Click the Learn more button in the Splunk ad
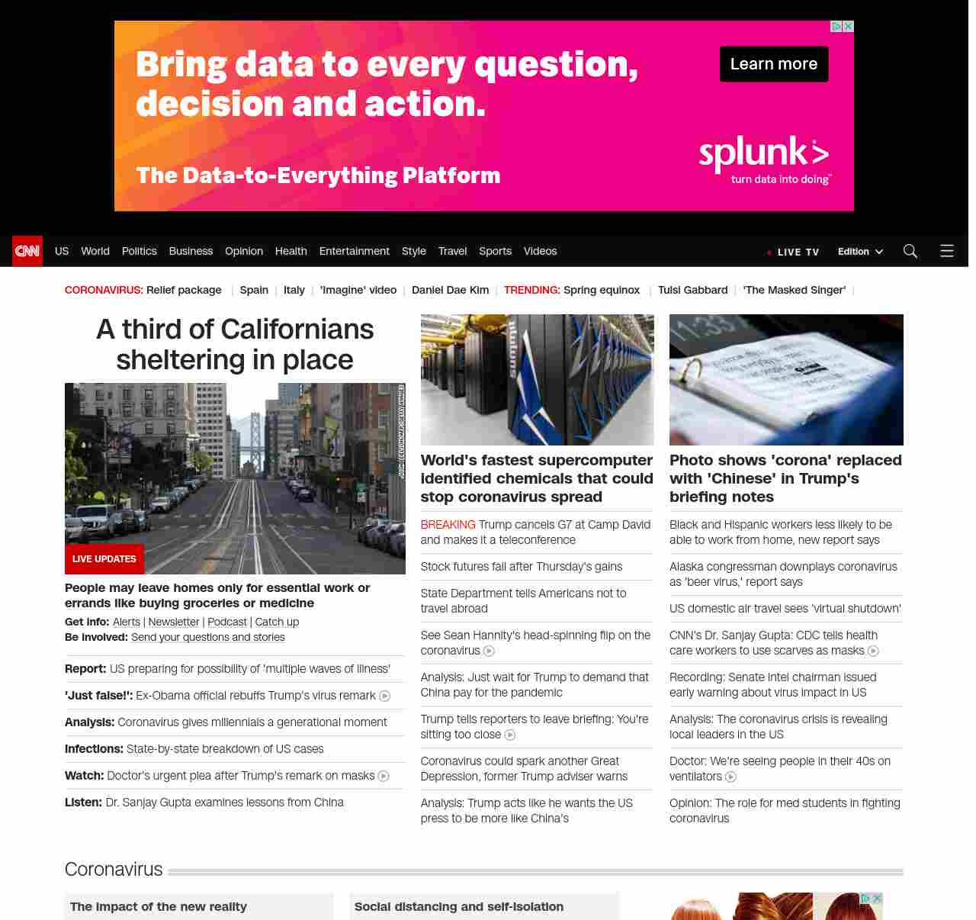click(x=773, y=64)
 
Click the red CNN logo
click(x=27, y=251)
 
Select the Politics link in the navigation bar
click(x=139, y=251)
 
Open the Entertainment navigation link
click(x=354, y=251)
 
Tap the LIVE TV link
click(x=798, y=252)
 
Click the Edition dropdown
click(x=860, y=251)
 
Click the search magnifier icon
click(x=910, y=251)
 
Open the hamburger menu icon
click(x=947, y=251)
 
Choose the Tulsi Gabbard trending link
click(x=692, y=290)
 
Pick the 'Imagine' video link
click(x=358, y=290)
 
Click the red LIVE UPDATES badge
click(x=104, y=559)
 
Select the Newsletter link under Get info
click(x=174, y=622)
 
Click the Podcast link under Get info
click(x=227, y=622)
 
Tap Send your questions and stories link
click(x=208, y=637)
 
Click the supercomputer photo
click(x=537, y=379)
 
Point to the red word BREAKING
click(x=448, y=524)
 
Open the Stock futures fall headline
click(x=521, y=566)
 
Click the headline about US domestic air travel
click(x=785, y=608)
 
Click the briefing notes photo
click(x=786, y=379)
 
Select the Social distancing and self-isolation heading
click(x=459, y=906)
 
